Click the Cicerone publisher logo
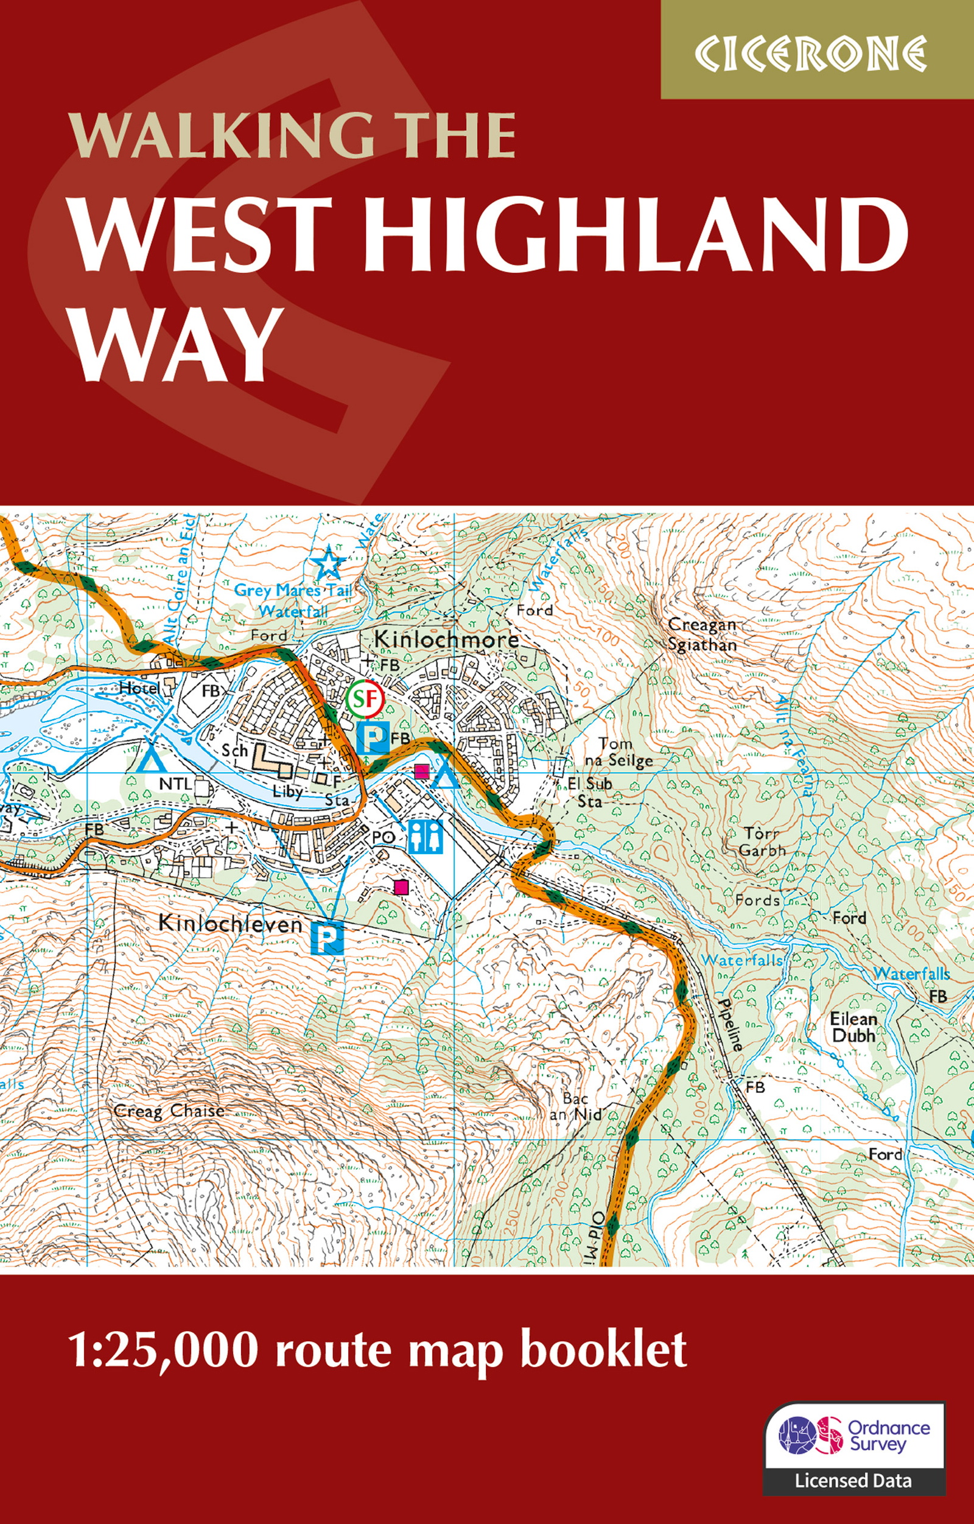[x=811, y=53]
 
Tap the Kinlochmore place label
[x=447, y=639]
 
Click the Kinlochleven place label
[x=230, y=924]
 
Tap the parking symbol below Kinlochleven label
[x=326, y=937]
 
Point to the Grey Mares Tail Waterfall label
[x=292, y=600]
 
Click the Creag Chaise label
[x=169, y=1111]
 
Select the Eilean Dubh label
[x=853, y=1027]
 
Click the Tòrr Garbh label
[x=762, y=841]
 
